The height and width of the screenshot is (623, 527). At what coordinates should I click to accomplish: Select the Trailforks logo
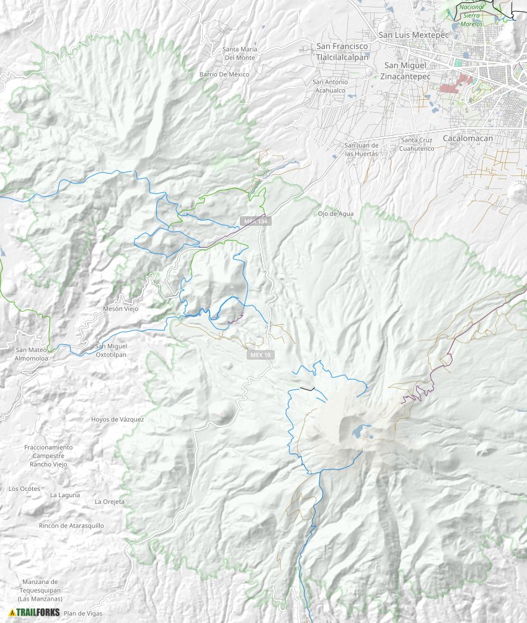[x=35, y=612]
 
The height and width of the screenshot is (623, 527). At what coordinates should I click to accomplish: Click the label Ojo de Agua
[x=335, y=214]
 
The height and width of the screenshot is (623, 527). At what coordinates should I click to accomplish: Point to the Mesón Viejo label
[x=121, y=308]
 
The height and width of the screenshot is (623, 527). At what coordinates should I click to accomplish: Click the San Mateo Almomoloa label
[x=30, y=354]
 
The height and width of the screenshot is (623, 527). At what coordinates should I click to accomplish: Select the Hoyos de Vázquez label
[x=117, y=419]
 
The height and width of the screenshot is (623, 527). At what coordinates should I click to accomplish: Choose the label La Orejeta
[x=110, y=501]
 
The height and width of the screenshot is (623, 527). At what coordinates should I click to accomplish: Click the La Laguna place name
[x=65, y=495]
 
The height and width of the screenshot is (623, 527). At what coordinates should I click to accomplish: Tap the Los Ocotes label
[x=24, y=488]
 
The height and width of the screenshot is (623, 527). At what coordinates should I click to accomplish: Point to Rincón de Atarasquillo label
[x=71, y=526]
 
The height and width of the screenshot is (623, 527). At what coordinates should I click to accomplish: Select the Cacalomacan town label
[x=467, y=138]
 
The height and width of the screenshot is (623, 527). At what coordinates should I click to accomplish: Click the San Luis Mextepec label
[x=413, y=35]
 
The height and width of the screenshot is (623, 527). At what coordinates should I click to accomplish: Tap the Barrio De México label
[x=224, y=74]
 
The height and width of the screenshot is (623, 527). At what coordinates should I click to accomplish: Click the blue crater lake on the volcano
[x=358, y=430]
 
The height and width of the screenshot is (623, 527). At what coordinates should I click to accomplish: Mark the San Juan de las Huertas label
[x=361, y=149]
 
